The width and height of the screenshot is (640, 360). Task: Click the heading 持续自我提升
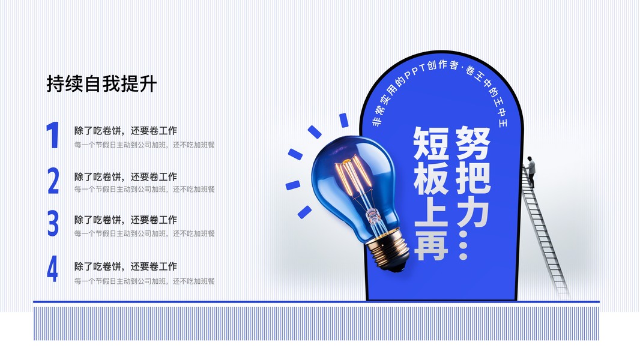point(101,83)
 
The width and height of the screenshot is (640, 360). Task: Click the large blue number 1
point(53,135)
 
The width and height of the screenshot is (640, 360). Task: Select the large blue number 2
point(53,181)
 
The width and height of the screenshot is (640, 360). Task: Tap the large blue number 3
point(53,223)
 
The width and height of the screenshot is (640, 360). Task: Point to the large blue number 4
point(52,269)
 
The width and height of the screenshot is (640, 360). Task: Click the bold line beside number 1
point(125,130)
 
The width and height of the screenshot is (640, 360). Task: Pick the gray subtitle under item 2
point(145,189)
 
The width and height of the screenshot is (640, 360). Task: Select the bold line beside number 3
point(125,220)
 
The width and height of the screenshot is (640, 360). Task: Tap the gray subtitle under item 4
point(145,281)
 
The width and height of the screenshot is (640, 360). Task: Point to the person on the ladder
point(530,171)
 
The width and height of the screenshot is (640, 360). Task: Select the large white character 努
point(472,143)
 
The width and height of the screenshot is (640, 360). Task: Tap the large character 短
point(431,143)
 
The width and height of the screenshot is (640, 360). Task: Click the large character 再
point(431,244)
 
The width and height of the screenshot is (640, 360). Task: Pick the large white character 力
point(472,210)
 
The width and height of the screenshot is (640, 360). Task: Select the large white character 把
point(472,176)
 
